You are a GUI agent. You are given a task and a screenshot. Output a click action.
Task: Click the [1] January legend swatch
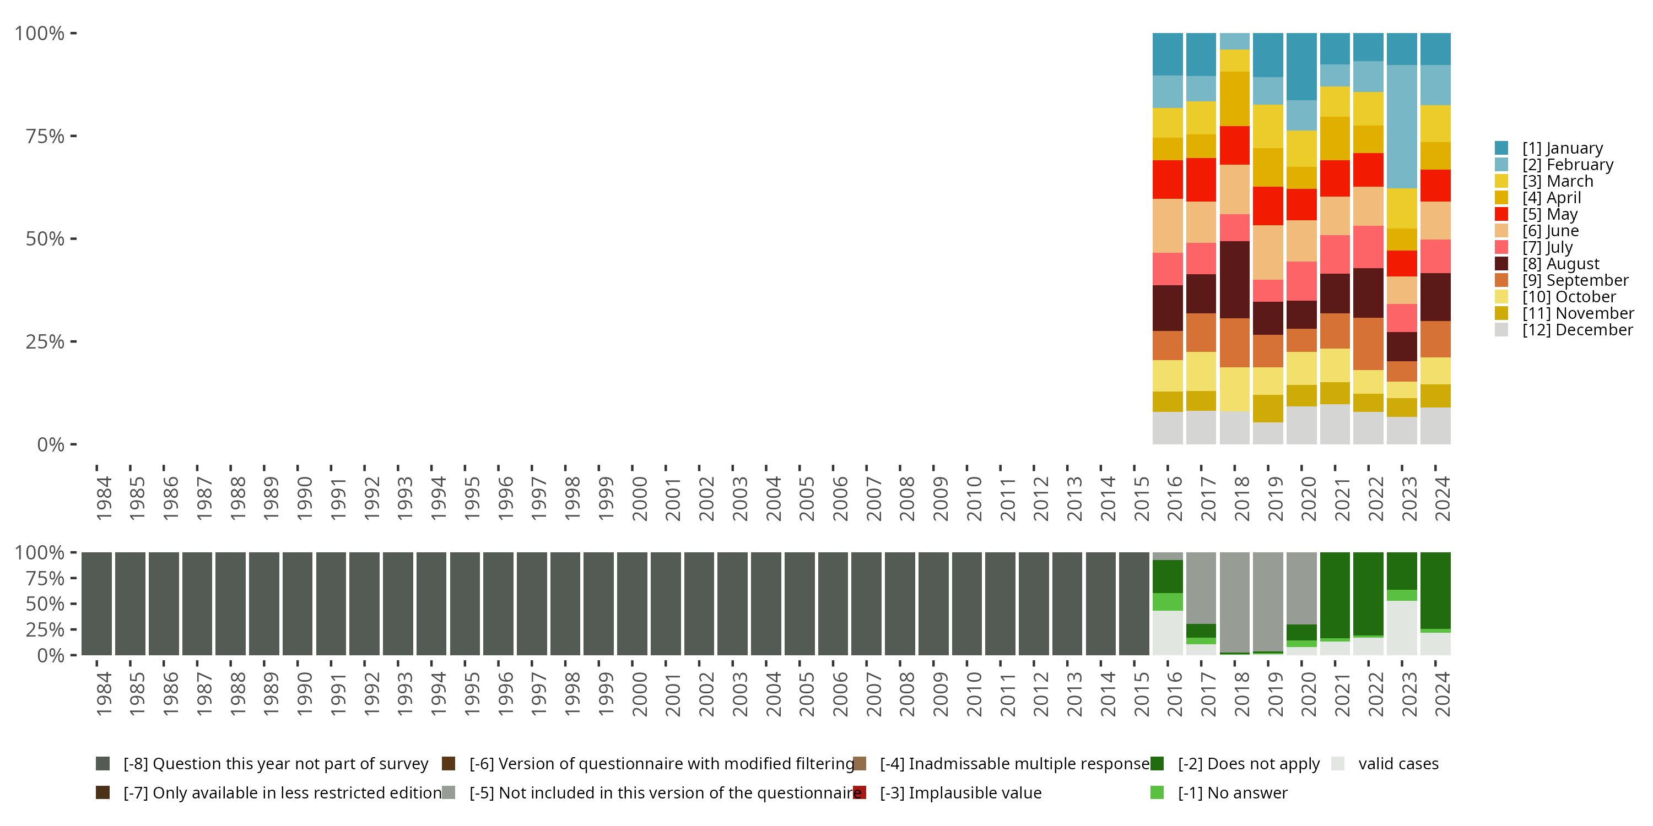[1501, 148]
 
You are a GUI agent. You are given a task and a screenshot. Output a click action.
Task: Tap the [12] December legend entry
[1576, 330]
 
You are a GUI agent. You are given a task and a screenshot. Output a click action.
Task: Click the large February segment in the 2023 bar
[1401, 126]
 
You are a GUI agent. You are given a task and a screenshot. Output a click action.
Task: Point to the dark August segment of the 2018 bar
[1235, 280]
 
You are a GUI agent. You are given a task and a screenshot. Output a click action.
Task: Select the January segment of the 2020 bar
[1301, 67]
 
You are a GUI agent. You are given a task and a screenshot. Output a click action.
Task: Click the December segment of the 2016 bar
[1167, 428]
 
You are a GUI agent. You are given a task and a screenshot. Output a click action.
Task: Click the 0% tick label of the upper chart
[50, 444]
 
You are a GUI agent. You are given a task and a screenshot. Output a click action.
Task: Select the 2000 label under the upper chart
[639, 499]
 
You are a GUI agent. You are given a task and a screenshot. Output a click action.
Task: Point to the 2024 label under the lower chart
[1441, 694]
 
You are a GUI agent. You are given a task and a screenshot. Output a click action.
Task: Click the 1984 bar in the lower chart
[96, 604]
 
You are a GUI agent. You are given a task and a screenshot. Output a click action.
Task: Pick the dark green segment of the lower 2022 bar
[1368, 594]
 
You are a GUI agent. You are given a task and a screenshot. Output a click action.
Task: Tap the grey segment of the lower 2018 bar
[1235, 601]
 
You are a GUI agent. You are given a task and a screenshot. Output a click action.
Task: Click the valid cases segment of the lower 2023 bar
[1401, 628]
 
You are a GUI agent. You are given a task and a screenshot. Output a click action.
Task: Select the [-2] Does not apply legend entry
[1249, 764]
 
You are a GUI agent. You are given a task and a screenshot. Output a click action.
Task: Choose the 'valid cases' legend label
[1398, 764]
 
